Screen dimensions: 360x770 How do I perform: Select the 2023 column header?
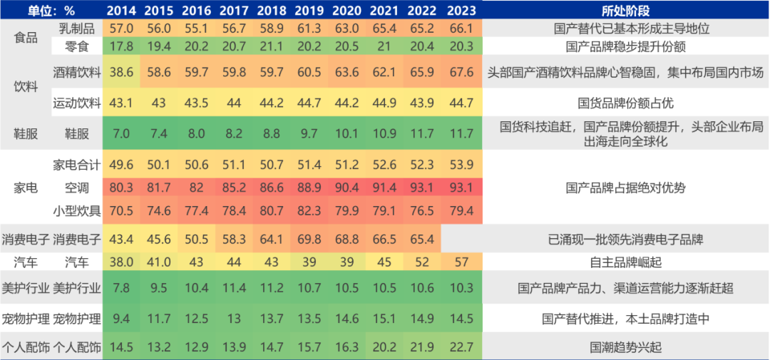click(x=462, y=11)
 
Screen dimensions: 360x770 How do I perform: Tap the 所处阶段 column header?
click(x=625, y=11)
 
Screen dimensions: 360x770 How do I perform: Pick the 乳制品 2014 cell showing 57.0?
click(x=123, y=29)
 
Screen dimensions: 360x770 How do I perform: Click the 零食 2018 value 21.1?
click(x=273, y=46)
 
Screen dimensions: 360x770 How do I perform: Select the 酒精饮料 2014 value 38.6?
click(x=123, y=73)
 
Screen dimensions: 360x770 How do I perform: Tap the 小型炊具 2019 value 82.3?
click(x=349, y=210)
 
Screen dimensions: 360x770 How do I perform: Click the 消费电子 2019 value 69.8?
click(x=349, y=238)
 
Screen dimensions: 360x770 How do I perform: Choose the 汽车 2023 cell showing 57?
click(x=462, y=262)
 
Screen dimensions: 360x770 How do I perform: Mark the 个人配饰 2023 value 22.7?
click(x=462, y=347)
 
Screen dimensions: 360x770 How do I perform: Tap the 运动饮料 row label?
click(x=77, y=103)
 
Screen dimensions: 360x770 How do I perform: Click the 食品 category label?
click(x=26, y=38)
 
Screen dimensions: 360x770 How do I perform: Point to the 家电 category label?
click(x=26, y=188)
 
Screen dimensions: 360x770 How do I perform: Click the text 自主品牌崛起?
click(x=625, y=262)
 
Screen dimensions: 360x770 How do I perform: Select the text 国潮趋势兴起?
click(x=625, y=347)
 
